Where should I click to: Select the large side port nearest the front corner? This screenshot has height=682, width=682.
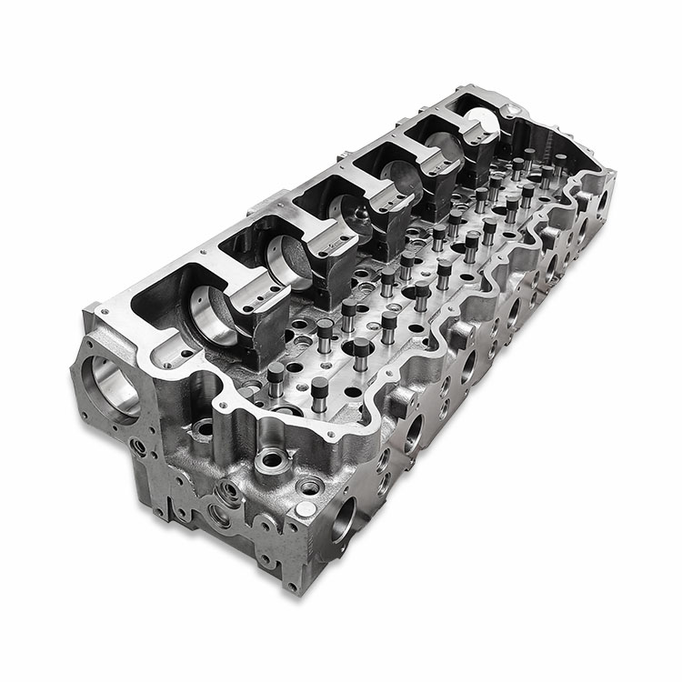pos(345,519)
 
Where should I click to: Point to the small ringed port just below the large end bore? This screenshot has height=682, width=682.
pos(137,446)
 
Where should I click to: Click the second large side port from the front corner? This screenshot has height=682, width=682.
pos(415,433)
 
